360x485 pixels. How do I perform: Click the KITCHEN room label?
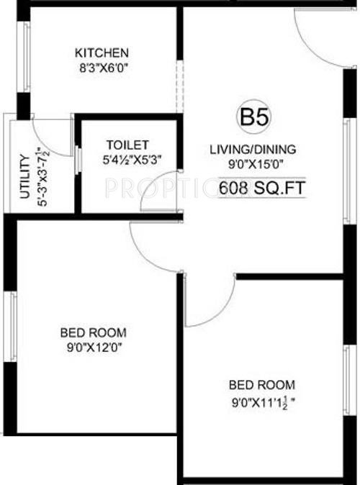pos(102,53)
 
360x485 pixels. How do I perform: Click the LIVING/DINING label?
pos(252,150)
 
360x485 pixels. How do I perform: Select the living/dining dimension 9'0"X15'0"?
pos(252,164)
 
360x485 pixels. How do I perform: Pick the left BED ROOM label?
pos(93,332)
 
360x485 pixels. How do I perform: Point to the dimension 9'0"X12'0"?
pos(93,347)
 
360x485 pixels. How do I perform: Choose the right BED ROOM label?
pos(262,385)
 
